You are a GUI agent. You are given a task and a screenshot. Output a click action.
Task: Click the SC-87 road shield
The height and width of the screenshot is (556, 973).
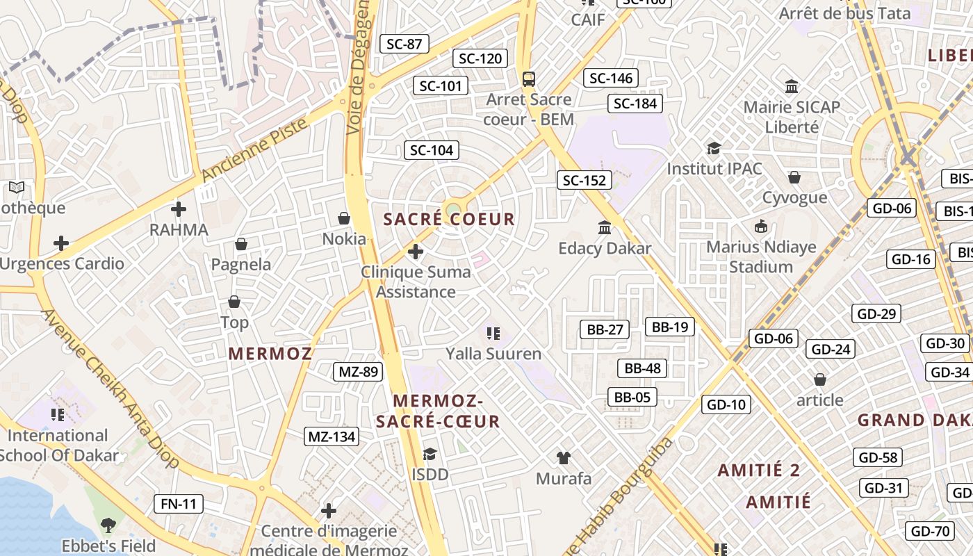404,44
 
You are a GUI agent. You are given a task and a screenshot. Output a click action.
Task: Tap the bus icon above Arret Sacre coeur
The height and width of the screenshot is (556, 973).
529,79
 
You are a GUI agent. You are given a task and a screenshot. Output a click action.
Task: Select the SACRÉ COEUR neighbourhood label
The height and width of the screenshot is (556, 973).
449,220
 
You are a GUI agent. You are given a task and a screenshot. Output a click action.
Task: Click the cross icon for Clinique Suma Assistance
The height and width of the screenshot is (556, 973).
416,251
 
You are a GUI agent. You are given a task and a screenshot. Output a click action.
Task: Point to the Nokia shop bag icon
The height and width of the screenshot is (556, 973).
343,218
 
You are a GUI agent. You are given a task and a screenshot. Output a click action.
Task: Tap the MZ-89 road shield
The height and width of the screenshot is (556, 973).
358,372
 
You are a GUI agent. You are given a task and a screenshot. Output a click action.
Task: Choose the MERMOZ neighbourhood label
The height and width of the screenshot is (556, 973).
270,353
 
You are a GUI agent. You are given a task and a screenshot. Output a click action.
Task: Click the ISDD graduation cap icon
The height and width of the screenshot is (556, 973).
430,454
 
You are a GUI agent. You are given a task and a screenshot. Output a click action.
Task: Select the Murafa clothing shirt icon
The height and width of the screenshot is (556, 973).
564,457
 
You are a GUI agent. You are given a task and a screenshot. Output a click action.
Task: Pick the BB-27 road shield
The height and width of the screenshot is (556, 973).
605,329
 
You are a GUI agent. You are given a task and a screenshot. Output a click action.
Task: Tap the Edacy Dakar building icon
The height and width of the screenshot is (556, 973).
605,227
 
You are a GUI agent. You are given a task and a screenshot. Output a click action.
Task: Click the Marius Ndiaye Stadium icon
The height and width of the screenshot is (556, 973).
761,226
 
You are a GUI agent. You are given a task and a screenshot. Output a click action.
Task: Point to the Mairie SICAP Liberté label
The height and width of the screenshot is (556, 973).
792,117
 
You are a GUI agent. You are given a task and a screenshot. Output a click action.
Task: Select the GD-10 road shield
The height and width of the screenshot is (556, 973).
726,404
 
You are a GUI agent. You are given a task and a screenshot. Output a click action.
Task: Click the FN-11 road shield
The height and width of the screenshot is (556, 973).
179,503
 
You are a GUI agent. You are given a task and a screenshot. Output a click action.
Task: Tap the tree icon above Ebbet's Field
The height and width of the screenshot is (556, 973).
108,524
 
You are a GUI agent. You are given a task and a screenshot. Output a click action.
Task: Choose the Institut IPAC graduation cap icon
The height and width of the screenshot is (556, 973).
714,148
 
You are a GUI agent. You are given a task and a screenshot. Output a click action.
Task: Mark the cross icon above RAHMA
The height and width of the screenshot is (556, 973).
179,208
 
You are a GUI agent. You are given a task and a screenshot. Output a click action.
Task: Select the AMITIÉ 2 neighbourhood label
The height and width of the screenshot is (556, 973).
759,470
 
